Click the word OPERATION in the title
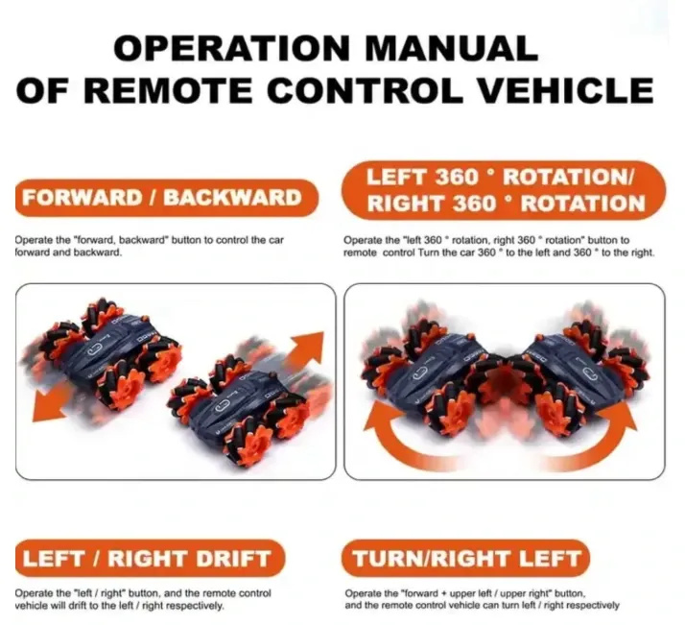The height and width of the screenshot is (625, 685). point(232,48)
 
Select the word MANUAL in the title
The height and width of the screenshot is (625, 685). point(451,48)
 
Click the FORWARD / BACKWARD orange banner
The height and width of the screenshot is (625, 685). point(166,198)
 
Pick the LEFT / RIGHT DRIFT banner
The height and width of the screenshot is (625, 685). point(150,559)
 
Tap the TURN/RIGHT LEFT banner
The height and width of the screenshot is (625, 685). point(466,559)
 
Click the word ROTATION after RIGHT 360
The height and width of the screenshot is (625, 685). point(583,204)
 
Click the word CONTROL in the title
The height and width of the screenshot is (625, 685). point(366,90)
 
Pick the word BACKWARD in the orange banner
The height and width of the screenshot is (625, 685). point(232,198)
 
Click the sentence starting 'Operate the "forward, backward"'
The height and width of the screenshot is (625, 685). point(149,246)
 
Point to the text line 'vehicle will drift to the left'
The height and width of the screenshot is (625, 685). point(119,606)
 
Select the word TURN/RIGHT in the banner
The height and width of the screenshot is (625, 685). point(427,559)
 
